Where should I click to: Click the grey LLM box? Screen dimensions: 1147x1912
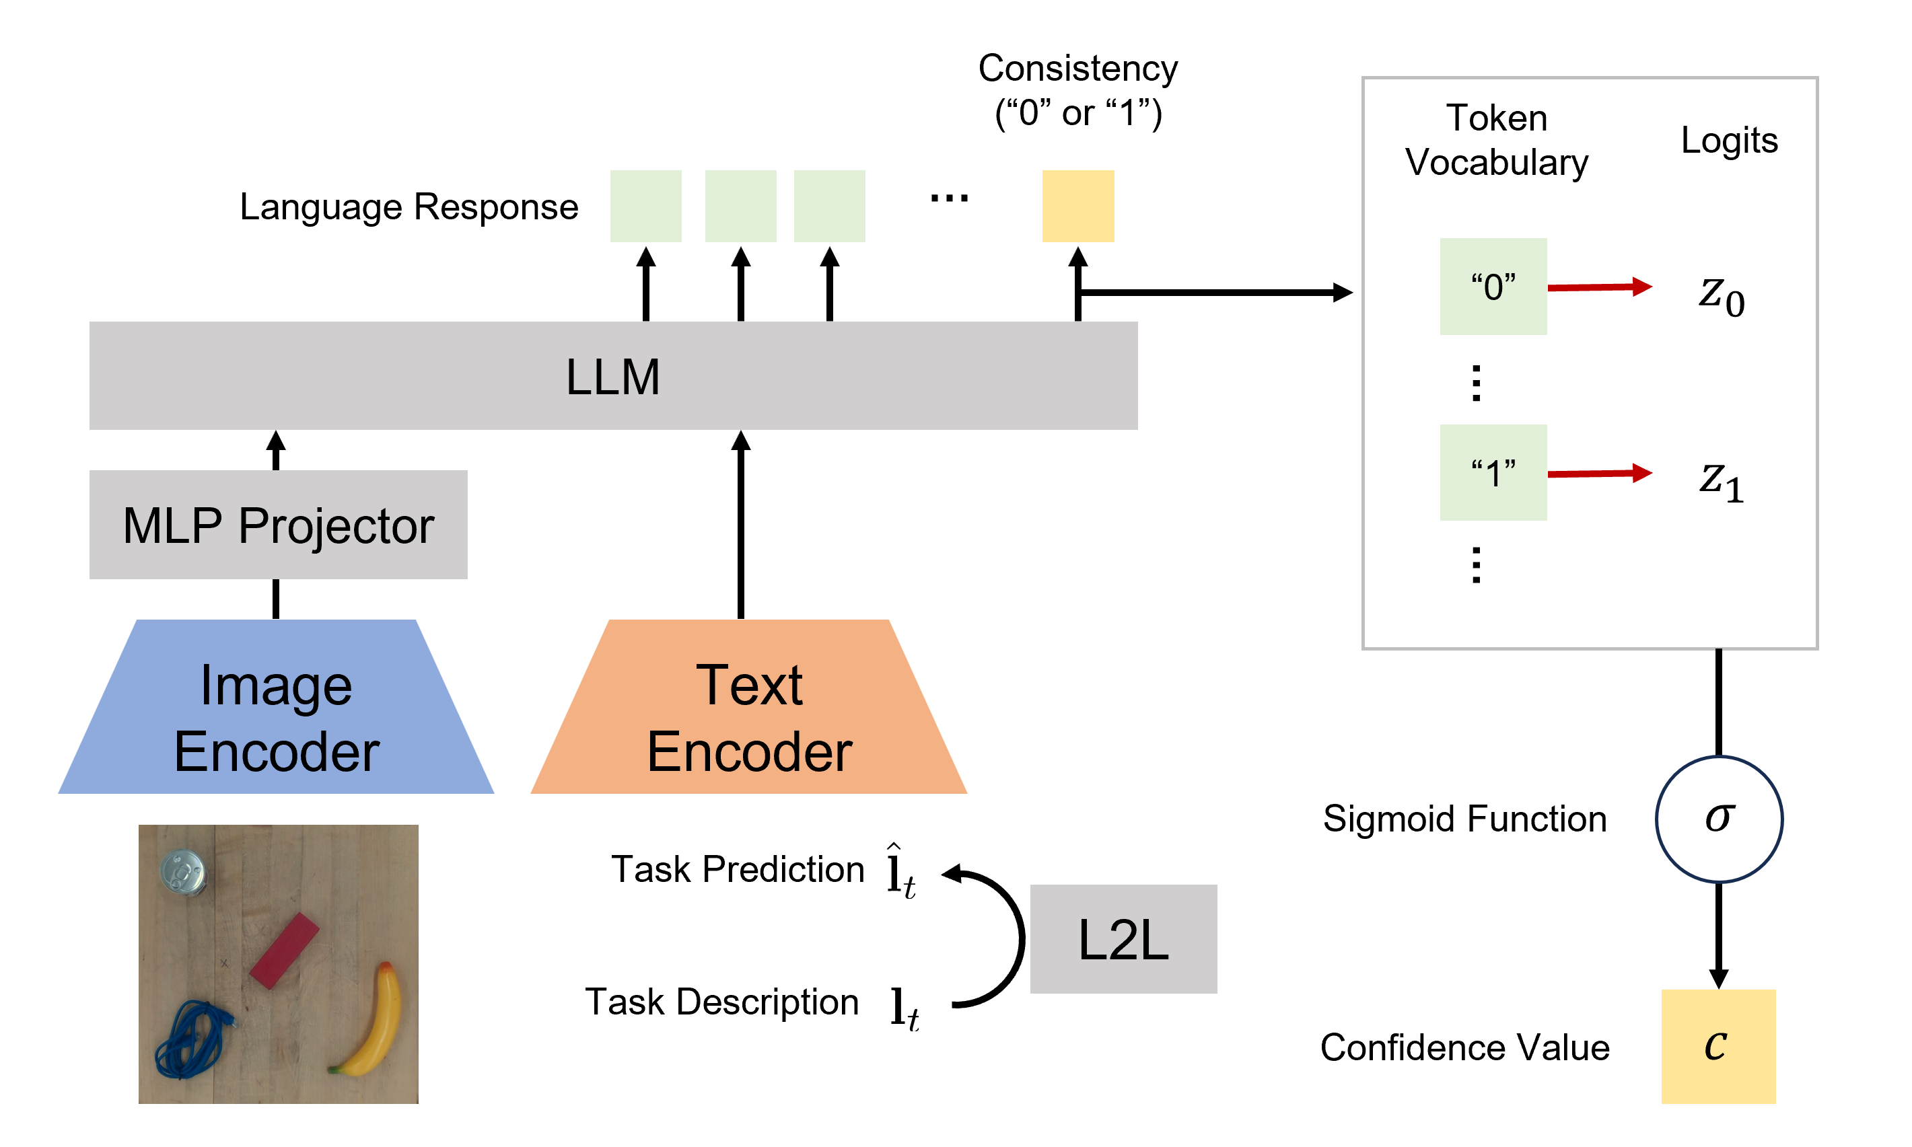pyautogui.click(x=612, y=375)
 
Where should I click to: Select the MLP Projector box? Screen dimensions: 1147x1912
pyautogui.click(x=279, y=525)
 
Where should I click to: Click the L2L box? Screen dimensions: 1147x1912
pyautogui.click(x=1123, y=938)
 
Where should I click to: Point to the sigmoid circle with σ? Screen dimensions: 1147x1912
pyautogui.click(x=1718, y=819)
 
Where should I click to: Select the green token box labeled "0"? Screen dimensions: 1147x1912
pyautogui.click(x=1492, y=287)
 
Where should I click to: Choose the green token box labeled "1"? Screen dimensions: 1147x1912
pyautogui.click(x=1492, y=472)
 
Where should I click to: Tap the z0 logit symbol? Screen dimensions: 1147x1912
pyautogui.click(x=1721, y=295)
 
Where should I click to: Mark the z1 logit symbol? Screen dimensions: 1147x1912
pyautogui.click(x=1721, y=481)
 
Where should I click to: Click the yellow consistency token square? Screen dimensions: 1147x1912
pyautogui.click(x=1077, y=207)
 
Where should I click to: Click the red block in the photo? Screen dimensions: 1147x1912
pyautogui.click(x=284, y=951)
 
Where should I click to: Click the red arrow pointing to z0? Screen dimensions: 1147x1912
pyautogui.click(x=1599, y=287)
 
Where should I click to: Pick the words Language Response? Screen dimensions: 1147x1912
pyautogui.click(x=409, y=207)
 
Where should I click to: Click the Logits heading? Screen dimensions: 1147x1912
pyautogui.click(x=1729, y=141)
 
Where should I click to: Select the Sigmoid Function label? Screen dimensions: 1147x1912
pyautogui.click(x=1464, y=819)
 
